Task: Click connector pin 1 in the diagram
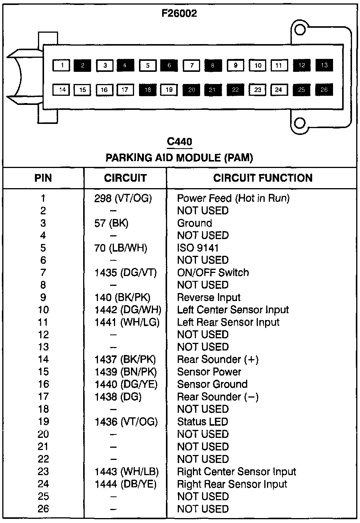[x=61, y=65]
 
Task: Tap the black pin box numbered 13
[x=324, y=65]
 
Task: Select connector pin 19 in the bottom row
[x=169, y=90]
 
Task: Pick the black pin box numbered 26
[x=324, y=90]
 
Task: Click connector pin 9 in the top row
[x=236, y=65]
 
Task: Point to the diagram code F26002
[x=179, y=14]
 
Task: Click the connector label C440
[x=180, y=142]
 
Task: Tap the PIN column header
[x=43, y=178]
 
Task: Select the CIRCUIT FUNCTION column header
[x=262, y=178]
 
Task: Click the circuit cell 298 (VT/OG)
[x=123, y=198]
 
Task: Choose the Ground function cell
[x=194, y=223]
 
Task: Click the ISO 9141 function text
[x=198, y=248]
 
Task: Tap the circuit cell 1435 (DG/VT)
[x=125, y=273]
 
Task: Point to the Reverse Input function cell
[x=209, y=298]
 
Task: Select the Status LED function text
[x=202, y=422]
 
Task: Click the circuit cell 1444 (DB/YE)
[x=125, y=484]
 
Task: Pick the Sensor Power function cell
[x=209, y=372]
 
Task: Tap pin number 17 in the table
[x=43, y=397]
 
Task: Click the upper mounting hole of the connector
[x=300, y=30]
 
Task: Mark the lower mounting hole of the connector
[x=300, y=122]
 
